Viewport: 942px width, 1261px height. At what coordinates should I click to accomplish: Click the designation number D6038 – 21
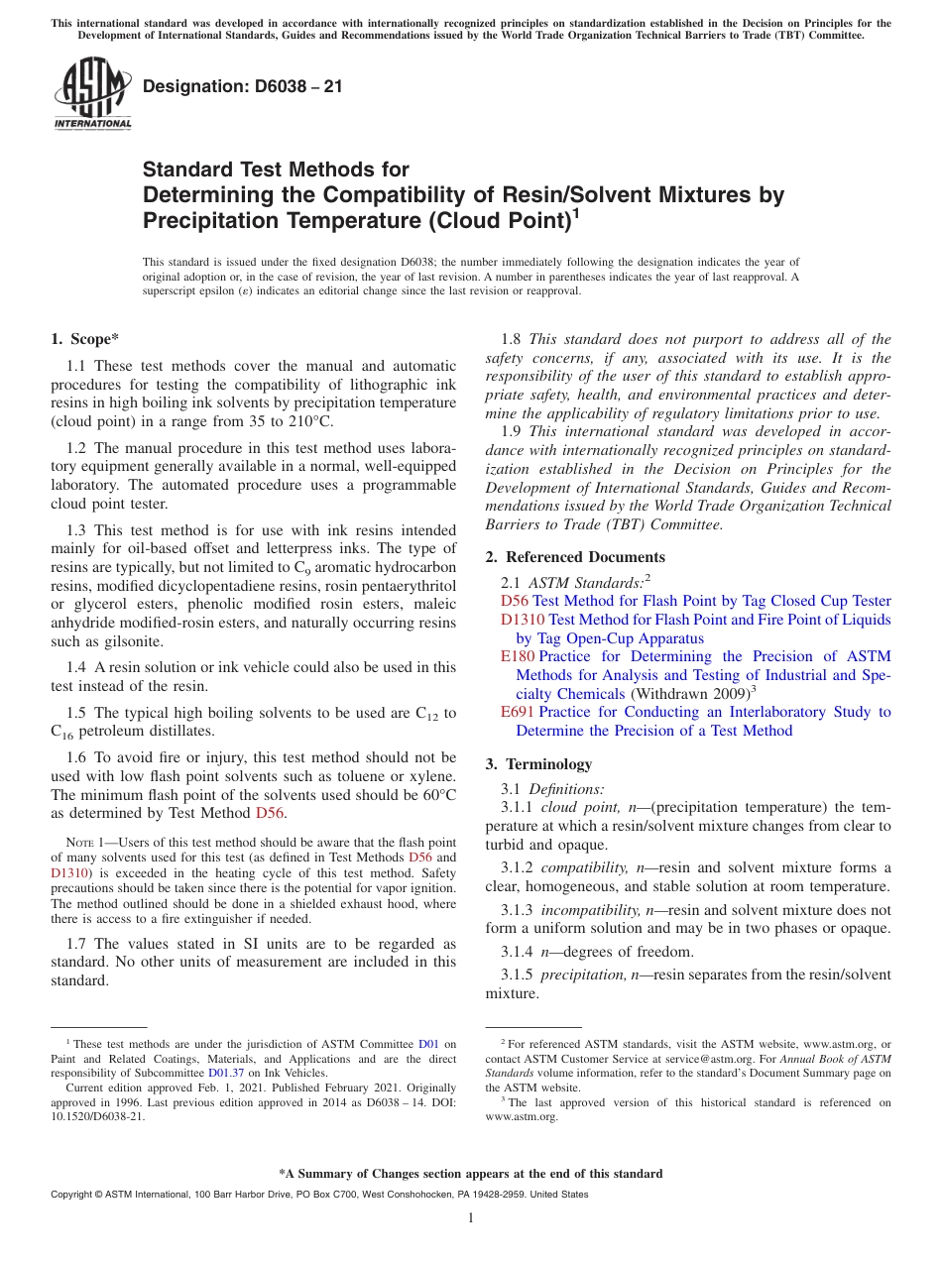click(x=243, y=86)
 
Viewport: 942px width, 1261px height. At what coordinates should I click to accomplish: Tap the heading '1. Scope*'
click(x=84, y=339)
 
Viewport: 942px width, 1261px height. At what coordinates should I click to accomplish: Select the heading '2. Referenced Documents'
click(x=575, y=557)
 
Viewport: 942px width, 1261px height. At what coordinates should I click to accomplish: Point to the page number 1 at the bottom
click(x=471, y=1217)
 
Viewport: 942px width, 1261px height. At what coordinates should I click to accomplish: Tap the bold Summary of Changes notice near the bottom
click(x=470, y=1174)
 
